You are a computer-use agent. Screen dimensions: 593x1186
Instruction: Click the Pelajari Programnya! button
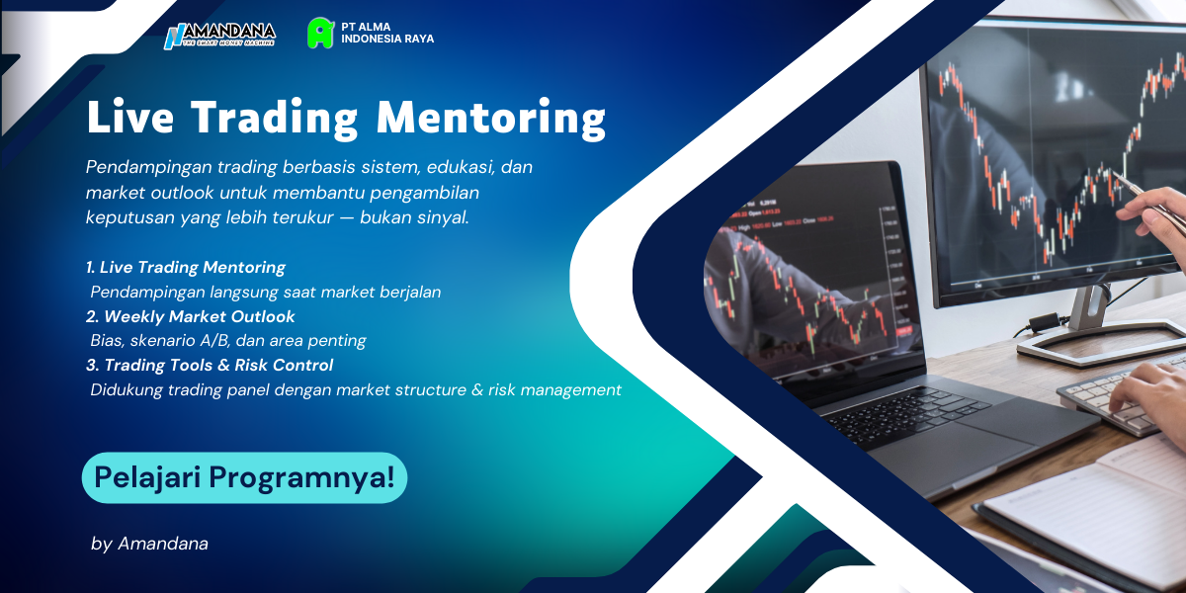[244, 478]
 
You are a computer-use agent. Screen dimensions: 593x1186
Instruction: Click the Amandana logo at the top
[219, 35]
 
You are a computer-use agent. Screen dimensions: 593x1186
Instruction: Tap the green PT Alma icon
[319, 33]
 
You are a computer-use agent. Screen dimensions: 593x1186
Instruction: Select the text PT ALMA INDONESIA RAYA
[387, 33]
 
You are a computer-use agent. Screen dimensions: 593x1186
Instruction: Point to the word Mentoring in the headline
[491, 118]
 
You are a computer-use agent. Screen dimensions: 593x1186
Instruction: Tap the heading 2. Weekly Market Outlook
[191, 316]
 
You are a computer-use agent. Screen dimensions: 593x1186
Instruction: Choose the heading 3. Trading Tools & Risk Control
[210, 365]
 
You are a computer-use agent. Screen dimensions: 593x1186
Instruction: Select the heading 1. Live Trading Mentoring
[186, 267]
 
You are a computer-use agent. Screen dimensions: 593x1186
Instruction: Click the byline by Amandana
[149, 544]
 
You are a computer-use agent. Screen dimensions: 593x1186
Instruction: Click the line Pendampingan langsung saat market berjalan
[266, 292]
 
